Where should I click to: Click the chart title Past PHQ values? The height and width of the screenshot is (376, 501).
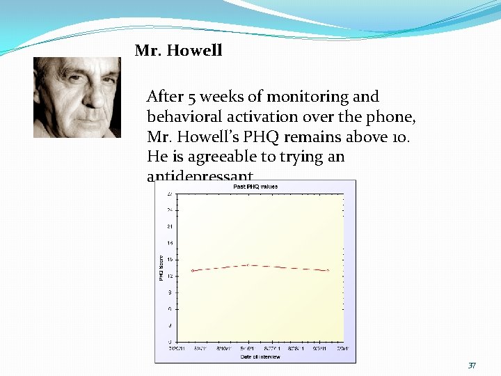255,187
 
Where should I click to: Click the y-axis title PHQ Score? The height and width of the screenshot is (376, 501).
161,268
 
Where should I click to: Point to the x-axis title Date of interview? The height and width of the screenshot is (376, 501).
260,357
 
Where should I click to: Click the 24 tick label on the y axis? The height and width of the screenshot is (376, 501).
169,210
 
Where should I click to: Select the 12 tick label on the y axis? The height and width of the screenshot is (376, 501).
169,276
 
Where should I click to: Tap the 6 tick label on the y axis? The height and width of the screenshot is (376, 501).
170,308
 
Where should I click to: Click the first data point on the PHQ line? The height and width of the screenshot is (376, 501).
193,271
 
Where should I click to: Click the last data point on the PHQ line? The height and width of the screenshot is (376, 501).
327,270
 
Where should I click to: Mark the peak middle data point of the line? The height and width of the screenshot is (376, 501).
248,265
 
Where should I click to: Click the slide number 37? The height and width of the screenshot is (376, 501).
472,366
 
